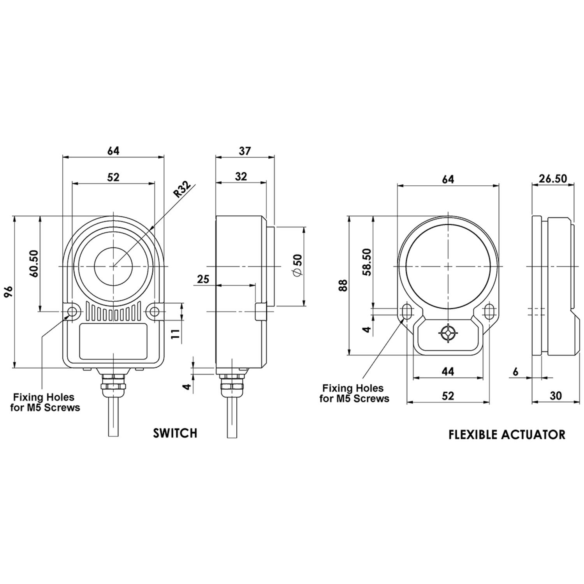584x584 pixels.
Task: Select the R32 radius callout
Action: coord(182,190)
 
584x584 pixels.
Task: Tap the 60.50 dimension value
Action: coord(34,263)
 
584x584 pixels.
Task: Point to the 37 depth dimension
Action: coord(245,151)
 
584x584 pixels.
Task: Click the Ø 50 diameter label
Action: coord(297,266)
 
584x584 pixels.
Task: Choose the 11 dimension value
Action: coord(176,334)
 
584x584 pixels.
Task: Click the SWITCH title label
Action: coord(175,433)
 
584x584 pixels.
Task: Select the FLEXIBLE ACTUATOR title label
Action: coord(507,434)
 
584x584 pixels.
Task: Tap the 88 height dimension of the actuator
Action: coord(343,285)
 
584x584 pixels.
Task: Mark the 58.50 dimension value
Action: coord(367,262)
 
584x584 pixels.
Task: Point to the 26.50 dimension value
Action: coord(553,179)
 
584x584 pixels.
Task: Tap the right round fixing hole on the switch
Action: coord(155,311)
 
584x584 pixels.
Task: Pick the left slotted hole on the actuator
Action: coord(407,311)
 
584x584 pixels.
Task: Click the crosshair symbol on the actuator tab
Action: coord(448,333)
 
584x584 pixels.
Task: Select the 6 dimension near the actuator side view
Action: coord(516,372)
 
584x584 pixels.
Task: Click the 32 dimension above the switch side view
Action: coord(241,176)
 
